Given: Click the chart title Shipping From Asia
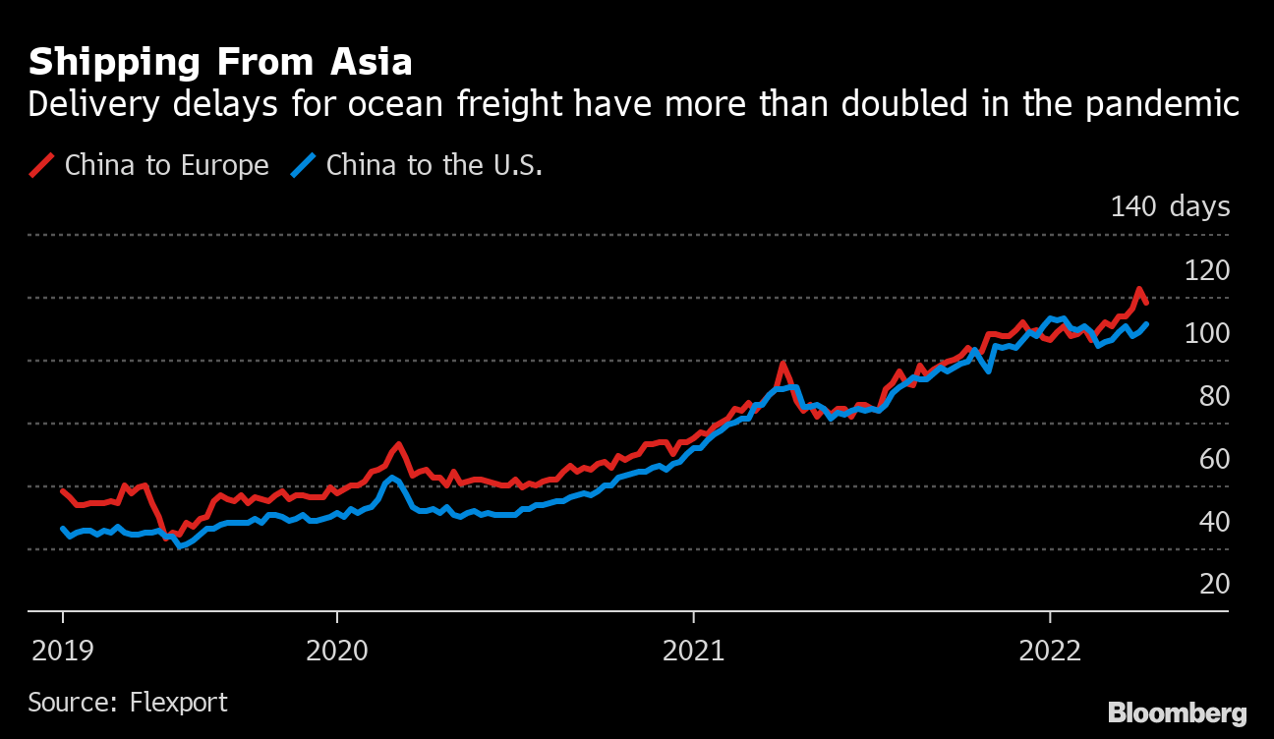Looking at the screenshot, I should click(x=220, y=63).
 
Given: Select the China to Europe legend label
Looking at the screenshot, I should click(x=166, y=165).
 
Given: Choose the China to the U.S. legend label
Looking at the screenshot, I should click(x=434, y=165).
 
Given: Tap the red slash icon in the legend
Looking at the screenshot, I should click(x=41, y=165).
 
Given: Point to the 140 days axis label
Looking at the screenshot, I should click(x=1170, y=206).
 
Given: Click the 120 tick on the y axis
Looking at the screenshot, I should click(x=1207, y=269).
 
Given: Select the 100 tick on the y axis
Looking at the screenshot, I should click(x=1207, y=332).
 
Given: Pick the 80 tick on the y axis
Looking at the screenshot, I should click(x=1210, y=395).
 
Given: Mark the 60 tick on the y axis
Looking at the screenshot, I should click(x=1210, y=458).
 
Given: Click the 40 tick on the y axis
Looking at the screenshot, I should click(x=1210, y=521).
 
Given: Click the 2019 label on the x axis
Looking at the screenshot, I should click(x=63, y=650).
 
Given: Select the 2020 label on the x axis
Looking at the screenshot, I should click(x=336, y=650).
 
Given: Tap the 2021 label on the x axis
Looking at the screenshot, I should click(x=693, y=650).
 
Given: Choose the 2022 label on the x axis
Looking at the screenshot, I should click(x=1050, y=650).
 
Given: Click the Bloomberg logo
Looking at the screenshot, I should click(x=1177, y=712).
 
